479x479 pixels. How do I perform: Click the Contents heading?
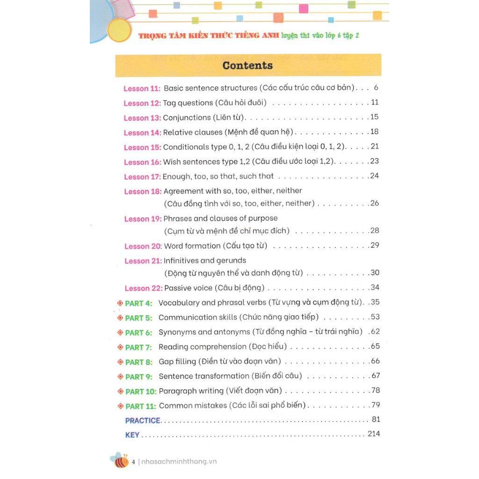[x=247, y=65]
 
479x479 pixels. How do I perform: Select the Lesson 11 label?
[x=142, y=88]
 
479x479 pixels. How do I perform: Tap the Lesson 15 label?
[x=143, y=147]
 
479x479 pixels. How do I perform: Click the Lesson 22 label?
[x=144, y=288]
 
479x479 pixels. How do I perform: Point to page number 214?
[x=374, y=434]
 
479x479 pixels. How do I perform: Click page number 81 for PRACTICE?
[x=376, y=419]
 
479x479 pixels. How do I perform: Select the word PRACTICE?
[x=143, y=421]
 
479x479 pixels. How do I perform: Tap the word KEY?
[x=132, y=435]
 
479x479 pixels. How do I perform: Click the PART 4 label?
[x=138, y=303]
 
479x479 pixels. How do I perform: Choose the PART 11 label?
[x=140, y=406]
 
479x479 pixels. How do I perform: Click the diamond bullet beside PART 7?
[x=120, y=347]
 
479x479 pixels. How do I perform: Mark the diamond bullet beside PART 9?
[x=121, y=377]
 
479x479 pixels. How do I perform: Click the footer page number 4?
[x=133, y=462]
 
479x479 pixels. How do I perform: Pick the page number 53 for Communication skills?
[x=374, y=317]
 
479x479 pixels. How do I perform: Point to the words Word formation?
[x=191, y=246]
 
